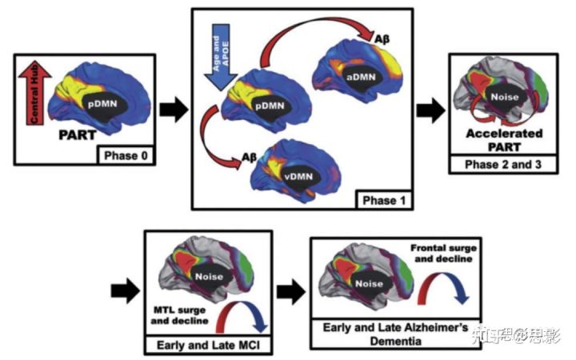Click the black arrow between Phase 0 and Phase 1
coord(172,110)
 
